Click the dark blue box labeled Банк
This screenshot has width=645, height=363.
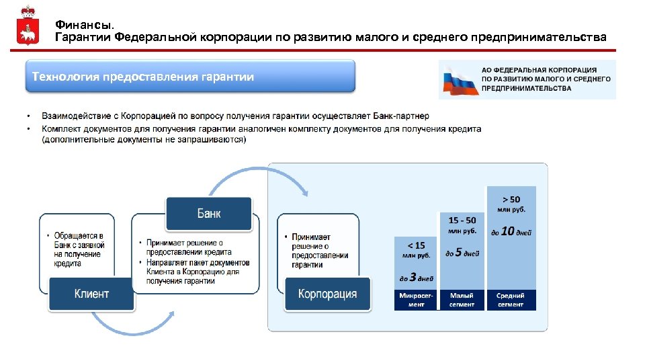coord(208,214)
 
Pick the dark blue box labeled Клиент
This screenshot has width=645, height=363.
coord(91,294)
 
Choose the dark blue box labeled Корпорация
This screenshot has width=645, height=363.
coord(327,294)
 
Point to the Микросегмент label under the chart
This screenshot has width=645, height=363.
coord(417,300)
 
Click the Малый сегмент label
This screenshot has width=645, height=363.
coord(462,300)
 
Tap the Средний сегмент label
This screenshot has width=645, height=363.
coord(511,300)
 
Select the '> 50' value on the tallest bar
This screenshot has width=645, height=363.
coord(511,200)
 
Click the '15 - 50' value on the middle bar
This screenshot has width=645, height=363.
coord(462,220)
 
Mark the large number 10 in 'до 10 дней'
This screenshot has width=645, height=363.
coord(508,231)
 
